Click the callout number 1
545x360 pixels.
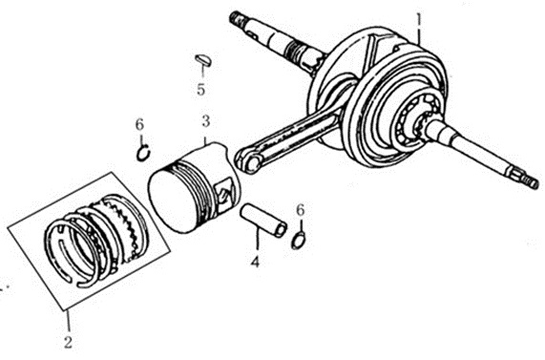[419, 20]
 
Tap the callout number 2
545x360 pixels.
[68, 342]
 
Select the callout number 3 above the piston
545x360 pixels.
[206, 121]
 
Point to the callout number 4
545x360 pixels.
[256, 262]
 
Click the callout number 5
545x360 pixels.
[200, 89]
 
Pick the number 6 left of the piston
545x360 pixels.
[139, 124]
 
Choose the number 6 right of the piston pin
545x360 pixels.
[301, 210]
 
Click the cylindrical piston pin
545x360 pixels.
[263, 221]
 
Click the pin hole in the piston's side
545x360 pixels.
[224, 192]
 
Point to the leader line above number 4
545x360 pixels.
[257, 238]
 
